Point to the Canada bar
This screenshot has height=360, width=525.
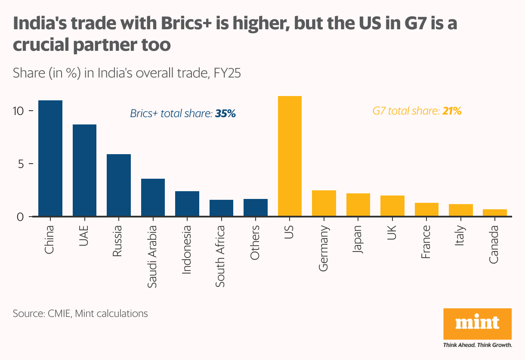[495, 213]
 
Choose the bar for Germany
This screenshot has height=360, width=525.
[324, 203]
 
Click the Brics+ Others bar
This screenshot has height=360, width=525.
[256, 208]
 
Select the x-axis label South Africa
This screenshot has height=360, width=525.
[220, 256]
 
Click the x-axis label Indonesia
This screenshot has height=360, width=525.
[186, 249]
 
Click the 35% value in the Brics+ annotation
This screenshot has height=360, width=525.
[225, 114]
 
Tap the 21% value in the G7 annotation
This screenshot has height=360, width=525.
[452, 111]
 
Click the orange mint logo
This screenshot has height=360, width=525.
[477, 323]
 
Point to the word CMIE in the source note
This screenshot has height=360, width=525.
[57, 313]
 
